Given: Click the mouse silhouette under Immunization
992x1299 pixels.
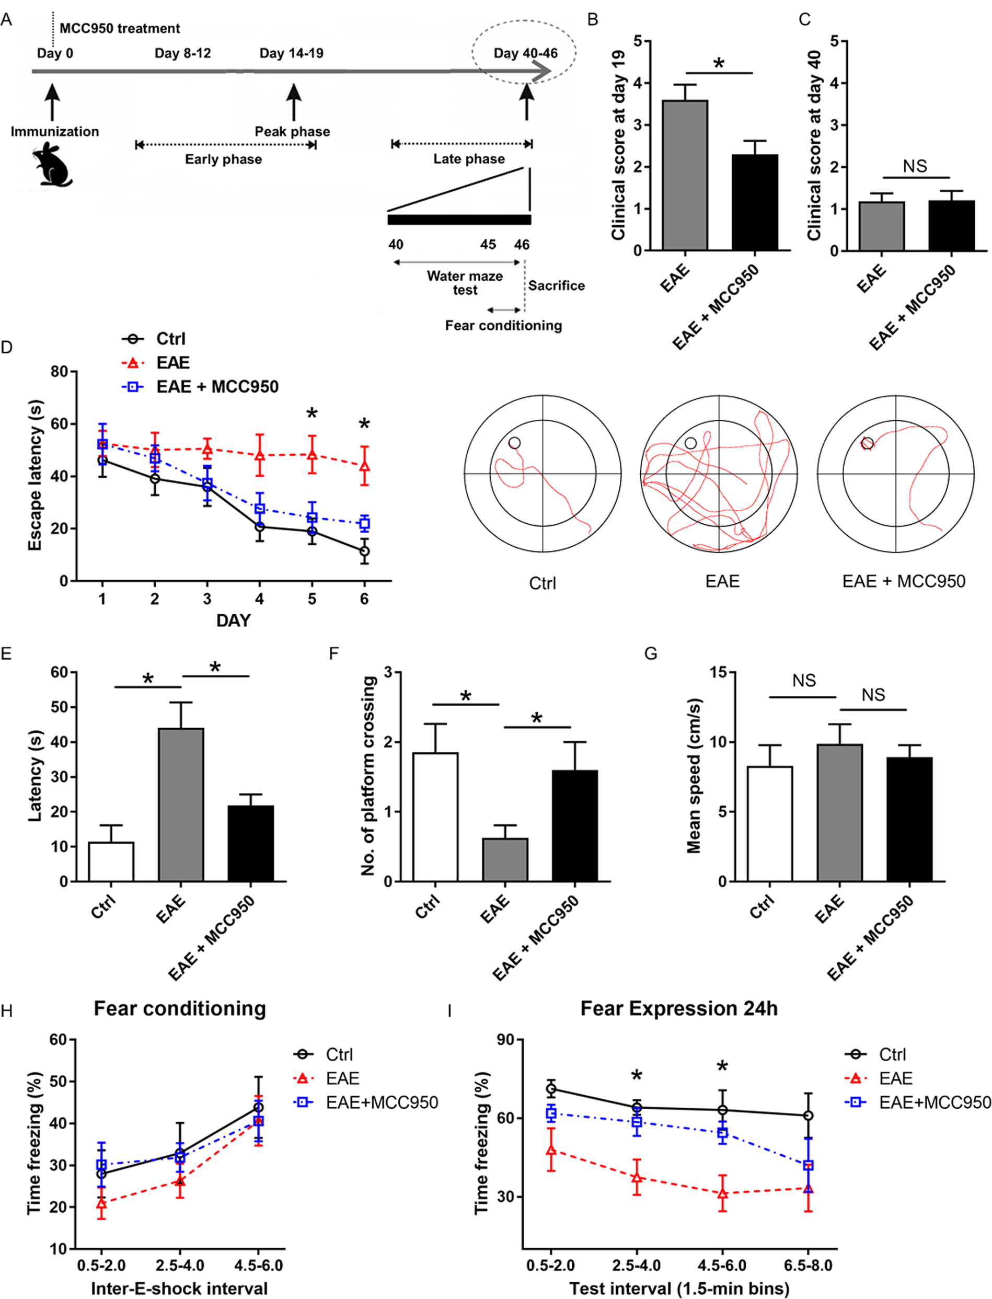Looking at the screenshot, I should (x=52, y=165).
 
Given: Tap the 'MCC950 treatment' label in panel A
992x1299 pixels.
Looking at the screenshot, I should (x=120, y=28).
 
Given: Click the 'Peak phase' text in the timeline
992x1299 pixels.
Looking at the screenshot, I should (x=292, y=131).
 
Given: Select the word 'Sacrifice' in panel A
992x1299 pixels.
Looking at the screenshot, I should (x=556, y=285).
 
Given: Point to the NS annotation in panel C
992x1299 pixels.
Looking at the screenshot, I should (x=915, y=167).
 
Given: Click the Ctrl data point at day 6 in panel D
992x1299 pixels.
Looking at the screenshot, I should (x=364, y=551).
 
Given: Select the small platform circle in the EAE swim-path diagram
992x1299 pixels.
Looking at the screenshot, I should (x=690, y=443).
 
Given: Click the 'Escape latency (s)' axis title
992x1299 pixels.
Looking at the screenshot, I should (x=35, y=475).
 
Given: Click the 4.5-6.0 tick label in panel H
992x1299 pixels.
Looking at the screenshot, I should (x=258, y=1266).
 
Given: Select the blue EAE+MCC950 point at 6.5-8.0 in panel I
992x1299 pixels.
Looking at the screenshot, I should (x=808, y=1166).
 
